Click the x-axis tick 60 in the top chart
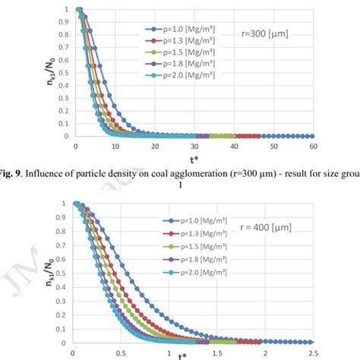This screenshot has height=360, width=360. [313, 145]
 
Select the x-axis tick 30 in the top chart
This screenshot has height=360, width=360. [194, 145]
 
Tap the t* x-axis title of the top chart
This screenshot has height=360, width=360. [194, 156]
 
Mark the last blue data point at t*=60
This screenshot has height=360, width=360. [313, 136]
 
